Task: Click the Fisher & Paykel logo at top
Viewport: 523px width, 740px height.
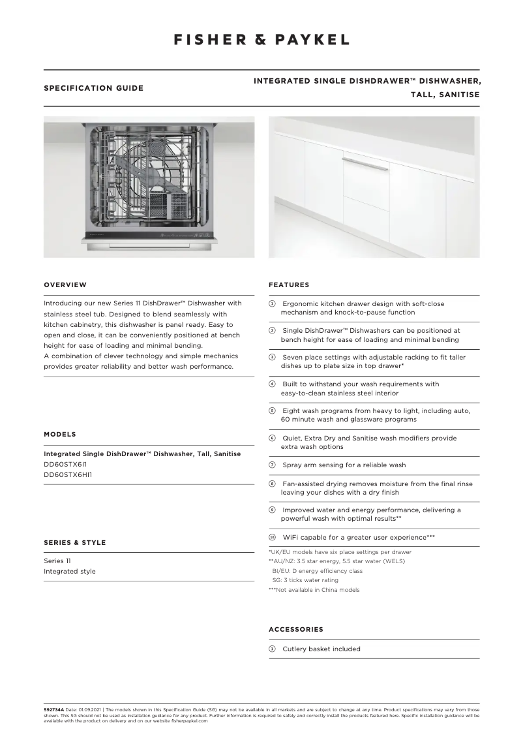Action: tap(261, 40)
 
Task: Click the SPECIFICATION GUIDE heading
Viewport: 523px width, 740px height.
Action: tap(93, 88)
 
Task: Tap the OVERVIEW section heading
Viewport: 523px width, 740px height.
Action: tap(65, 285)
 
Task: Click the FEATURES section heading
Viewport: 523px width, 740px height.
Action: tap(289, 285)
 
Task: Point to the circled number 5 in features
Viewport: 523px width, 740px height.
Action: tap(273, 411)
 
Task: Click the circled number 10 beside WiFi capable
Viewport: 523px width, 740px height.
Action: tap(273, 537)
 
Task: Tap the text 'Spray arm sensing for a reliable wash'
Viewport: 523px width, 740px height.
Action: tap(344, 465)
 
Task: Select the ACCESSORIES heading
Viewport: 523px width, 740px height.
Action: tap(295, 630)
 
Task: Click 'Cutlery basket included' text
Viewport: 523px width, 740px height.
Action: tap(321, 649)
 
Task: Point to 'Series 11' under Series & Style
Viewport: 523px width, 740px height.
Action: tap(57, 561)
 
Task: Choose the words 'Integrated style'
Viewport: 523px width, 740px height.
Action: tap(69, 572)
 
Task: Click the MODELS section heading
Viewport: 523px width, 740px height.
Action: tap(59, 434)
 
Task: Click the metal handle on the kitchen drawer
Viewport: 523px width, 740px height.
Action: tap(365, 164)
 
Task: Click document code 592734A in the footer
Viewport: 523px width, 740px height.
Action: tap(53, 709)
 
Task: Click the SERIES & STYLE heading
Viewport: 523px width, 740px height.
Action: tap(74, 542)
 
